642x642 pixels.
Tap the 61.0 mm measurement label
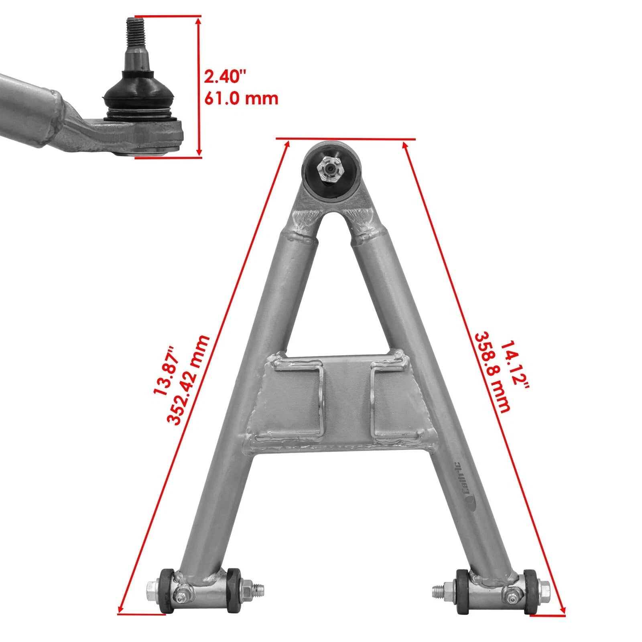tap(241, 98)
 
